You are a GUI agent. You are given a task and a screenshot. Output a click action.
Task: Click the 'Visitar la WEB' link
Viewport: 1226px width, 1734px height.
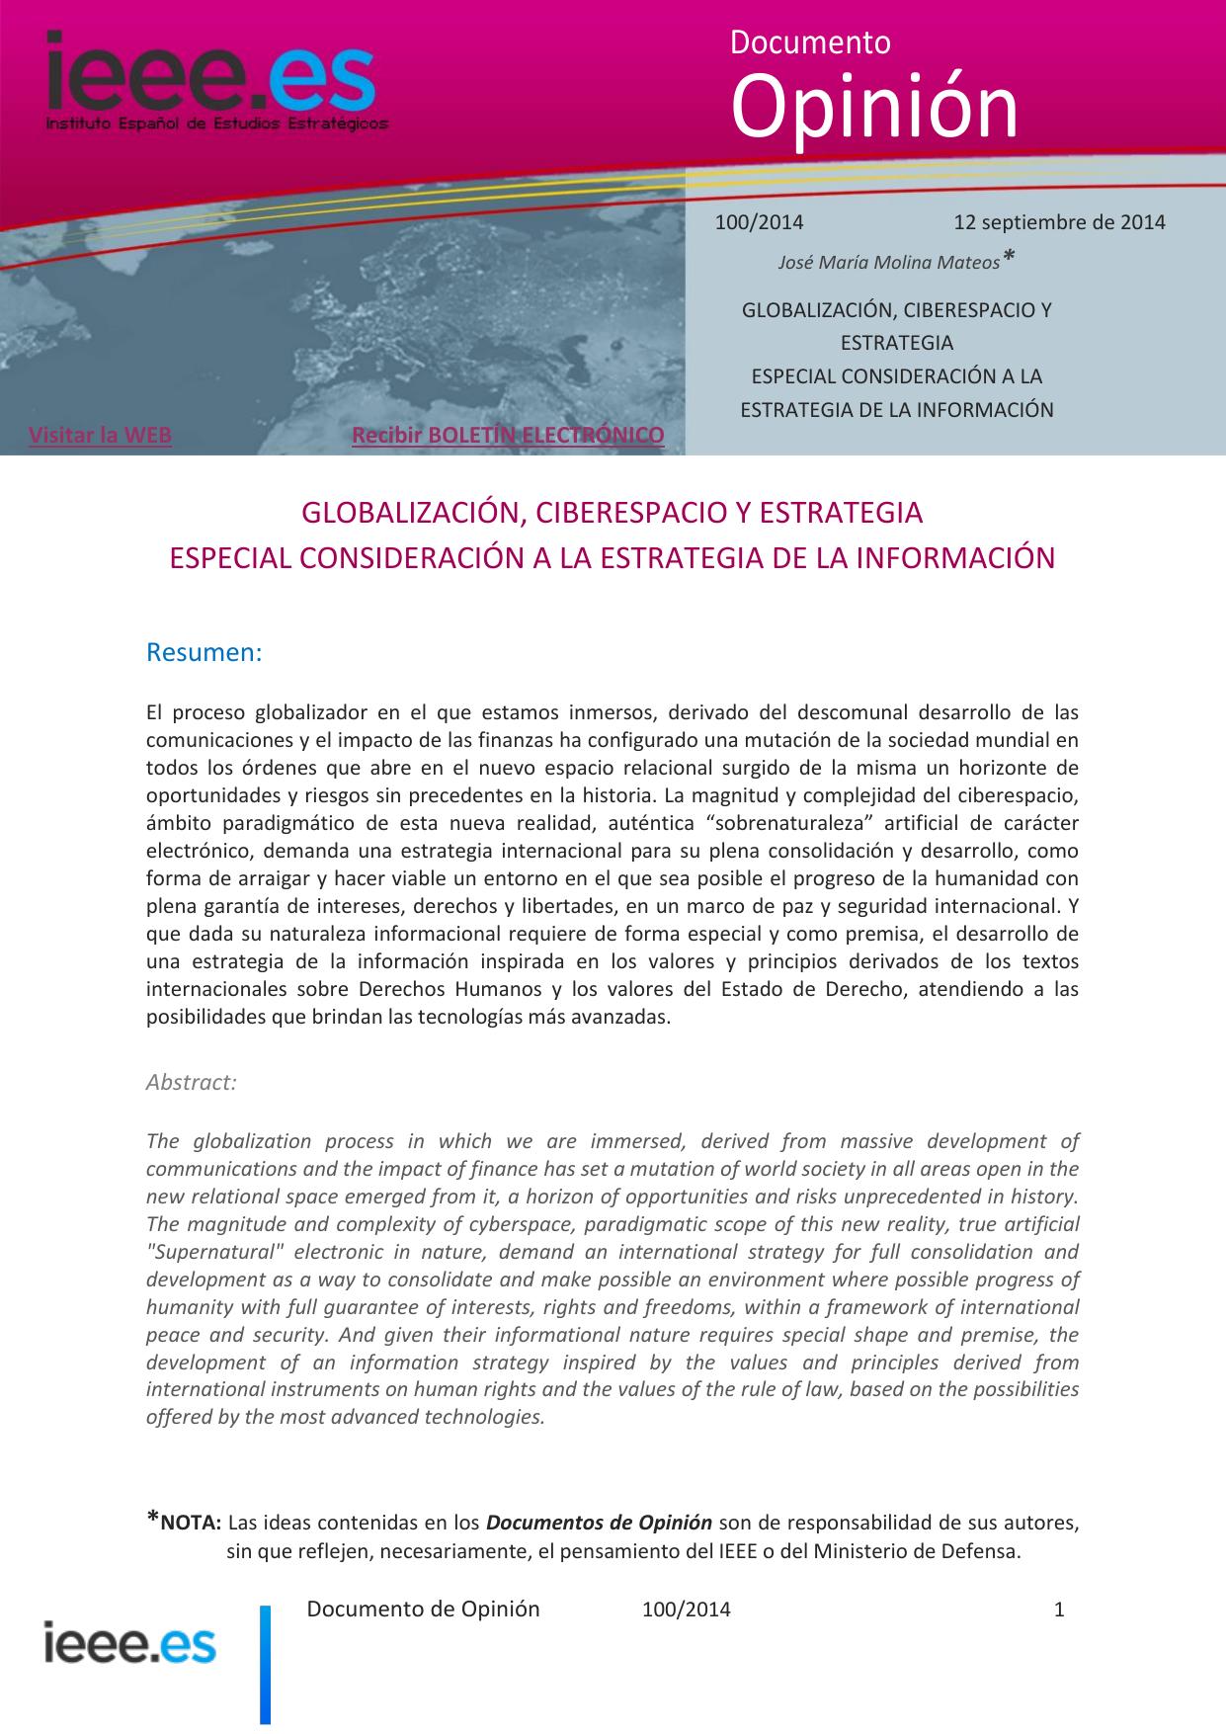(100, 435)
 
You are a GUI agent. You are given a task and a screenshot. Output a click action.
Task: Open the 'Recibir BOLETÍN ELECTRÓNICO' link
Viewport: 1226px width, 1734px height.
(508, 435)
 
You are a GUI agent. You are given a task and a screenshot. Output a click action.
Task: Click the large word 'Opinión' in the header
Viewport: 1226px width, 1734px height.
(874, 109)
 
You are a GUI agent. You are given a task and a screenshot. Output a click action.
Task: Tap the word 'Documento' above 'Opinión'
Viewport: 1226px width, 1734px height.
(810, 42)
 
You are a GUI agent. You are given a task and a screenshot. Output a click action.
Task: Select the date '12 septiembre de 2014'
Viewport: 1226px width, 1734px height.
(1059, 221)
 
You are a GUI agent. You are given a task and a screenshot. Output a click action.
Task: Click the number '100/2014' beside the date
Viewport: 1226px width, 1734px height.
(759, 221)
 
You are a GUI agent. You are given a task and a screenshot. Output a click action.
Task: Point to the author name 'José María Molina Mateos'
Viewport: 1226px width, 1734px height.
(889, 263)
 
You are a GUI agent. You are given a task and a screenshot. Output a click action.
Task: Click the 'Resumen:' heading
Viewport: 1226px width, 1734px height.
(204, 653)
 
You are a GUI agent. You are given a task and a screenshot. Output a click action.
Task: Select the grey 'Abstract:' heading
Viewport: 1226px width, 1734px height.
(192, 1082)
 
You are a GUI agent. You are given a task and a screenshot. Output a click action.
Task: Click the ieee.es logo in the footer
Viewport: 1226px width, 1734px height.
(129, 1644)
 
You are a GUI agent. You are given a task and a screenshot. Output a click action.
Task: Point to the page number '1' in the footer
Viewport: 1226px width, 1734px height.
(1059, 1610)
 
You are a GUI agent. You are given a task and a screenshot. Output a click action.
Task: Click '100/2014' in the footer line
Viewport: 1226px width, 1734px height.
(687, 1610)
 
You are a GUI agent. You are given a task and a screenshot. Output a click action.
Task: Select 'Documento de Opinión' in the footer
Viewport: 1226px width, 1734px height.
(423, 1610)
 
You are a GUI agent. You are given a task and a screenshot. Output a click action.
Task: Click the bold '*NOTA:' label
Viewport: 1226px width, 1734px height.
(185, 1523)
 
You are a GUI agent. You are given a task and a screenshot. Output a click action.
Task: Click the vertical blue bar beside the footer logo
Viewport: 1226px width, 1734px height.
(265, 1665)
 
